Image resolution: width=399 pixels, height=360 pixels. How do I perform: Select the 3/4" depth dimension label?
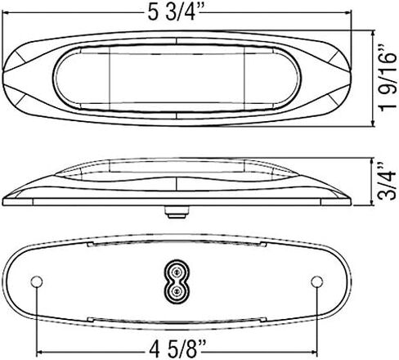pyautogui.click(x=388, y=182)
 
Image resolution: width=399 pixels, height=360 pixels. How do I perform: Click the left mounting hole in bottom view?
pyautogui.click(x=36, y=281)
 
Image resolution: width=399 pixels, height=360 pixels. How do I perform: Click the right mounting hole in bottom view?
pyautogui.click(x=316, y=281)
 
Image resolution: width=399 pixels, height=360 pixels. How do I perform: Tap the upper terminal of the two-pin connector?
pyautogui.click(x=177, y=272)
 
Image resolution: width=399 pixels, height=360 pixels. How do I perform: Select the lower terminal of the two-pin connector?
pyautogui.click(x=177, y=291)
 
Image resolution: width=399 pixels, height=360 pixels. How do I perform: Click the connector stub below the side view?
pyautogui.click(x=177, y=212)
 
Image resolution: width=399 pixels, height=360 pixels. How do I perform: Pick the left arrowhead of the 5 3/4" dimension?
pyautogui.click(x=5, y=12)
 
